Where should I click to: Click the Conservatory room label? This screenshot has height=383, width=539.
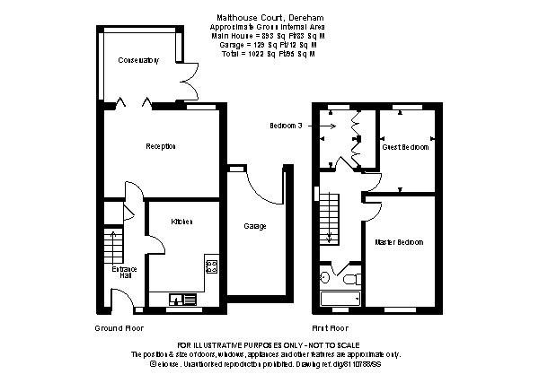tap(138, 61)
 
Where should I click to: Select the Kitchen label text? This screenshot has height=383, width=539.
tap(182, 222)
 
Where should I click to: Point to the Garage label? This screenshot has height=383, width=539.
tap(254, 226)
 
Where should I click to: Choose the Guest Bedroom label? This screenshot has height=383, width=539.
tap(405, 146)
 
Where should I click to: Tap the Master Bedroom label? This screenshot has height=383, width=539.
tap(400, 243)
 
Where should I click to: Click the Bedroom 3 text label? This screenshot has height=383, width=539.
tap(285, 126)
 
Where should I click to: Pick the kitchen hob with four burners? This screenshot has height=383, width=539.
tap(212, 265)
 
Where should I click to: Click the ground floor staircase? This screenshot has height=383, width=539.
tap(113, 243)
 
